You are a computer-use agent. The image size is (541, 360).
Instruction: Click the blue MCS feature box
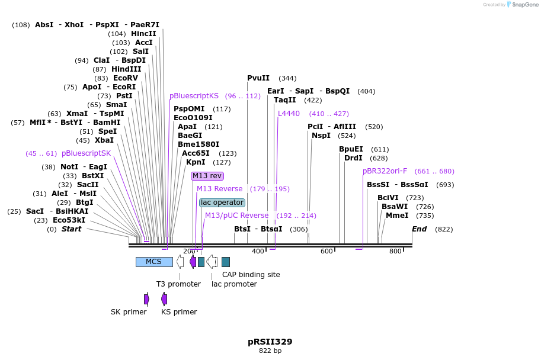pyautogui.click(x=154, y=262)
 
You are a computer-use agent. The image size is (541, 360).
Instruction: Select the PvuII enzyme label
pyautogui.click(x=258, y=78)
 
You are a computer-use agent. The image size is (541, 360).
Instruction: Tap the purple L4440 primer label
pyautogui.click(x=289, y=114)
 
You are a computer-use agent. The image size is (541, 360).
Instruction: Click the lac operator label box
pyautogui.click(x=222, y=202)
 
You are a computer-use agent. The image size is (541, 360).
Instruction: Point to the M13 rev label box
pyautogui.click(x=207, y=176)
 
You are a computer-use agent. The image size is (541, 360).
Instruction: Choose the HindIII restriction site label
pyautogui.click(x=126, y=69)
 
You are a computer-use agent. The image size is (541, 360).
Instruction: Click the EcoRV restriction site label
pyautogui.click(x=125, y=78)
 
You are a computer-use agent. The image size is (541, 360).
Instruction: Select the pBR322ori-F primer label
pyautogui.click(x=385, y=171)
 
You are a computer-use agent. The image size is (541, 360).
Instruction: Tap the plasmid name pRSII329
pyautogui.click(x=270, y=342)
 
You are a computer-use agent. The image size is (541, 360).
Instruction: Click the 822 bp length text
pyautogui.click(x=270, y=351)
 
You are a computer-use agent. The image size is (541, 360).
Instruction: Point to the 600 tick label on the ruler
pyautogui.click(x=327, y=252)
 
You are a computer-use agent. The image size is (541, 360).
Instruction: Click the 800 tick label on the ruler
pyautogui.click(x=395, y=252)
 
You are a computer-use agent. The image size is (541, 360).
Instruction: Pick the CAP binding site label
pyautogui.click(x=251, y=275)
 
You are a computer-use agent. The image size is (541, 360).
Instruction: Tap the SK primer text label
pyautogui.click(x=129, y=312)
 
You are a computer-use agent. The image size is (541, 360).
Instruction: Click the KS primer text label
pyautogui.click(x=179, y=312)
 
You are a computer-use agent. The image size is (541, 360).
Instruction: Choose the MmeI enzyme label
pyautogui.click(x=397, y=216)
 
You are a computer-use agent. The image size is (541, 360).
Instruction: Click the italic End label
pyautogui.click(x=419, y=229)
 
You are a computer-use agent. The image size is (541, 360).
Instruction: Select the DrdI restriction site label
pyautogui.click(x=353, y=158)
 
